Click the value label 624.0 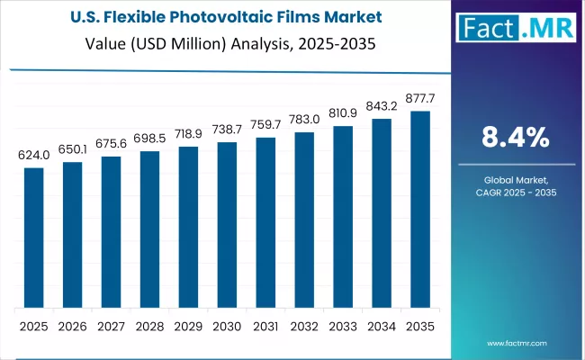coord(33,156)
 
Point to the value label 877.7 coord(420,99)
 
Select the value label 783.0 coord(304,121)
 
